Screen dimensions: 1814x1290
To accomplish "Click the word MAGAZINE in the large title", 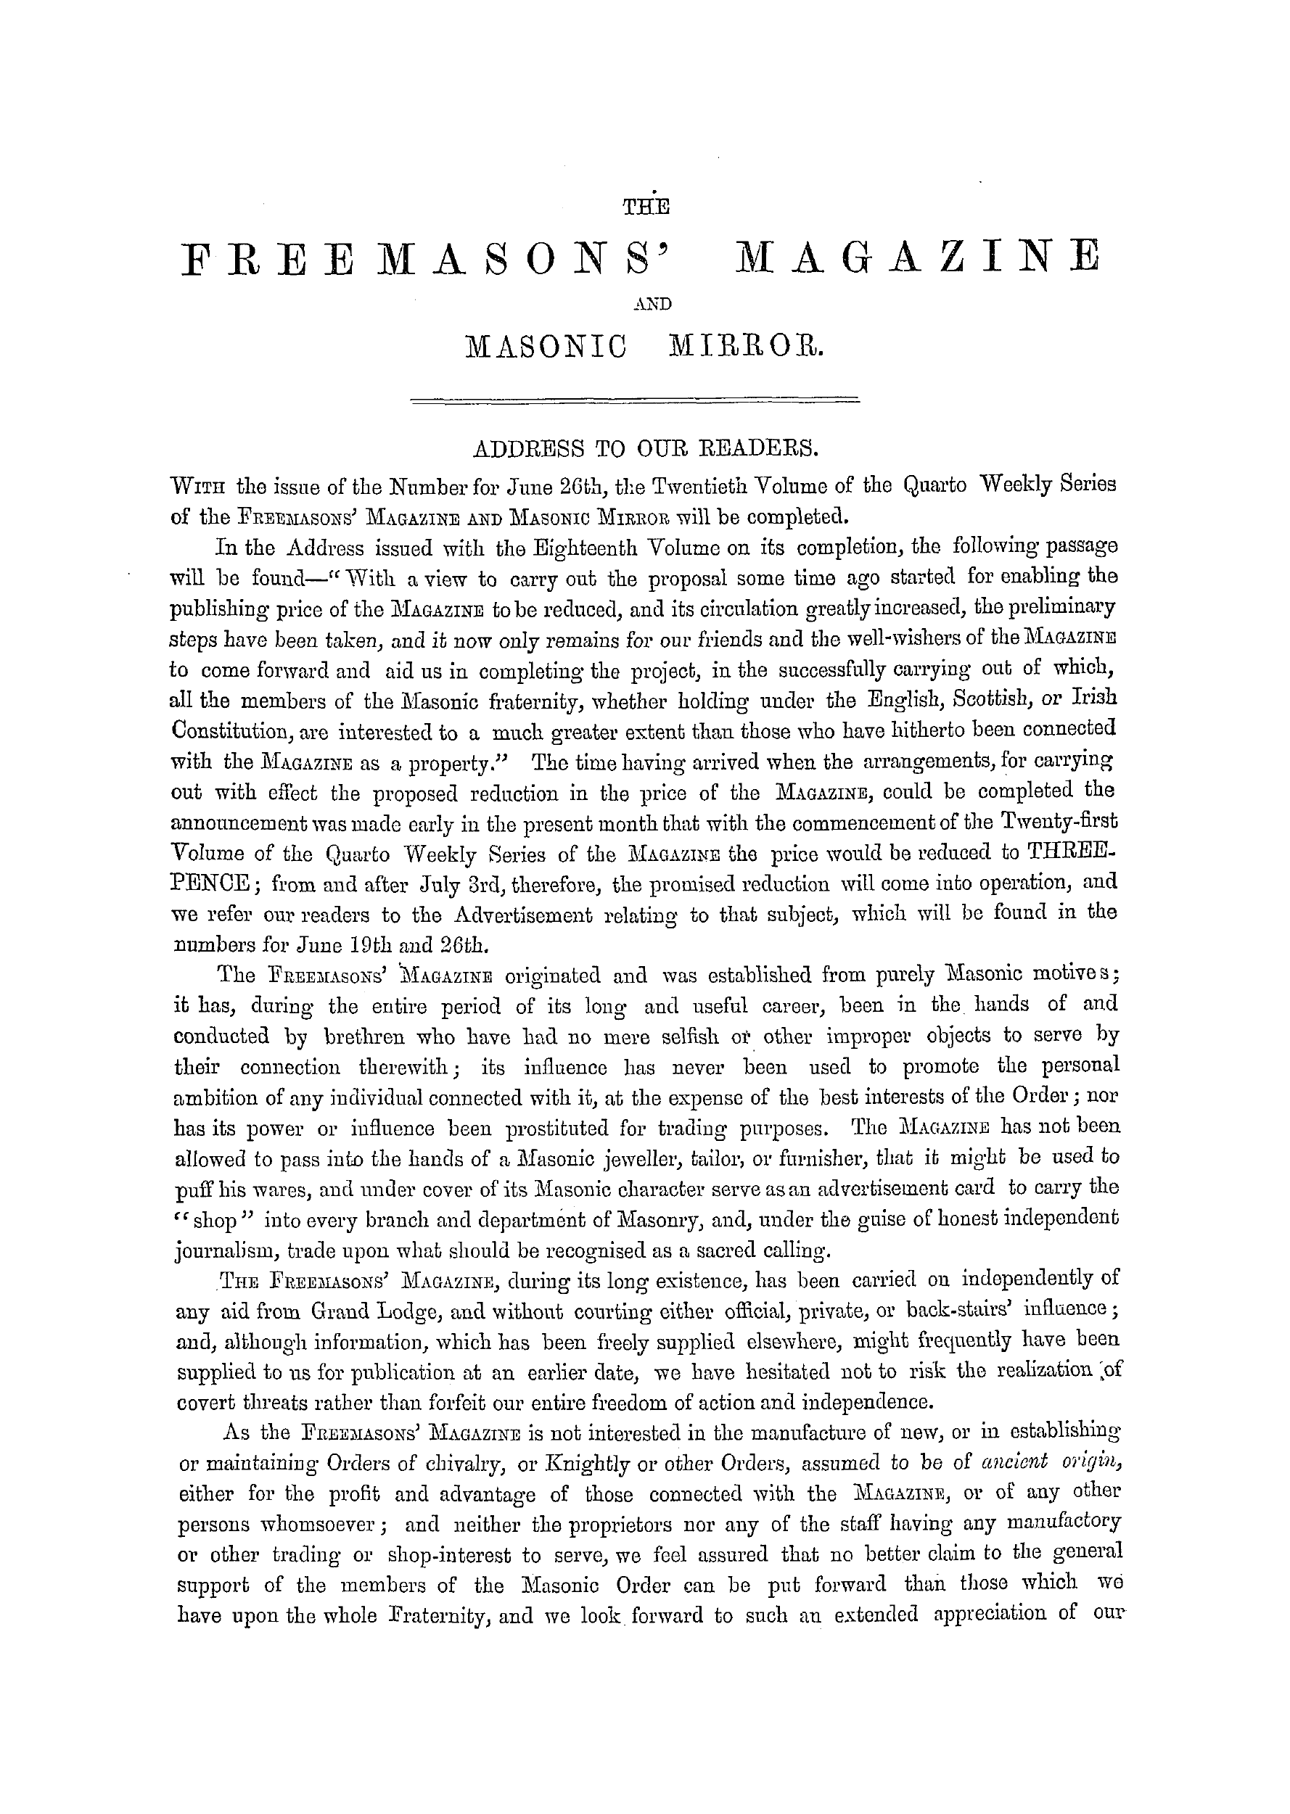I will (919, 259).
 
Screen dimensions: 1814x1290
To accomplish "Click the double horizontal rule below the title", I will (634, 400).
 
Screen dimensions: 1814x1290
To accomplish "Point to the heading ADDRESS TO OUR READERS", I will (644, 450).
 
